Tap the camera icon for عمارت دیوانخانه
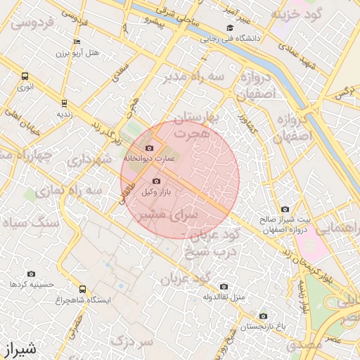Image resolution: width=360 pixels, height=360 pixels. (x=149, y=148)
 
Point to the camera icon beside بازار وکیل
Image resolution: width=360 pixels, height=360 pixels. (x=156, y=181)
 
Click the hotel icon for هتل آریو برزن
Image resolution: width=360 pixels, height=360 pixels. (x=77, y=42)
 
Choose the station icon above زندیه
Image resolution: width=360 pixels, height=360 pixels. (x=64, y=102)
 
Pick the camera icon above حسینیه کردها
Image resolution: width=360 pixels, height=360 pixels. (x=31, y=274)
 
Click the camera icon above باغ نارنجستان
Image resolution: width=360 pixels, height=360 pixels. (x=263, y=316)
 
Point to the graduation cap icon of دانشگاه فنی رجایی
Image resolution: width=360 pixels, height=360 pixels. (x=230, y=28)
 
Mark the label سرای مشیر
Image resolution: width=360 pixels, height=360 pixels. (x=165, y=213)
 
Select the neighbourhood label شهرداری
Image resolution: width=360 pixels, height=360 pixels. (x=90, y=160)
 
